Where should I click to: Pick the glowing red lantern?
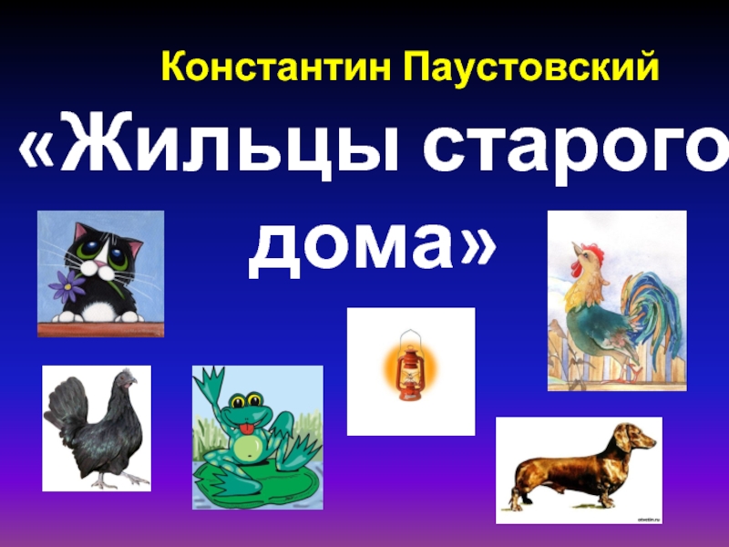pos(410,368)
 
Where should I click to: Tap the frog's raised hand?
pos(213,381)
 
